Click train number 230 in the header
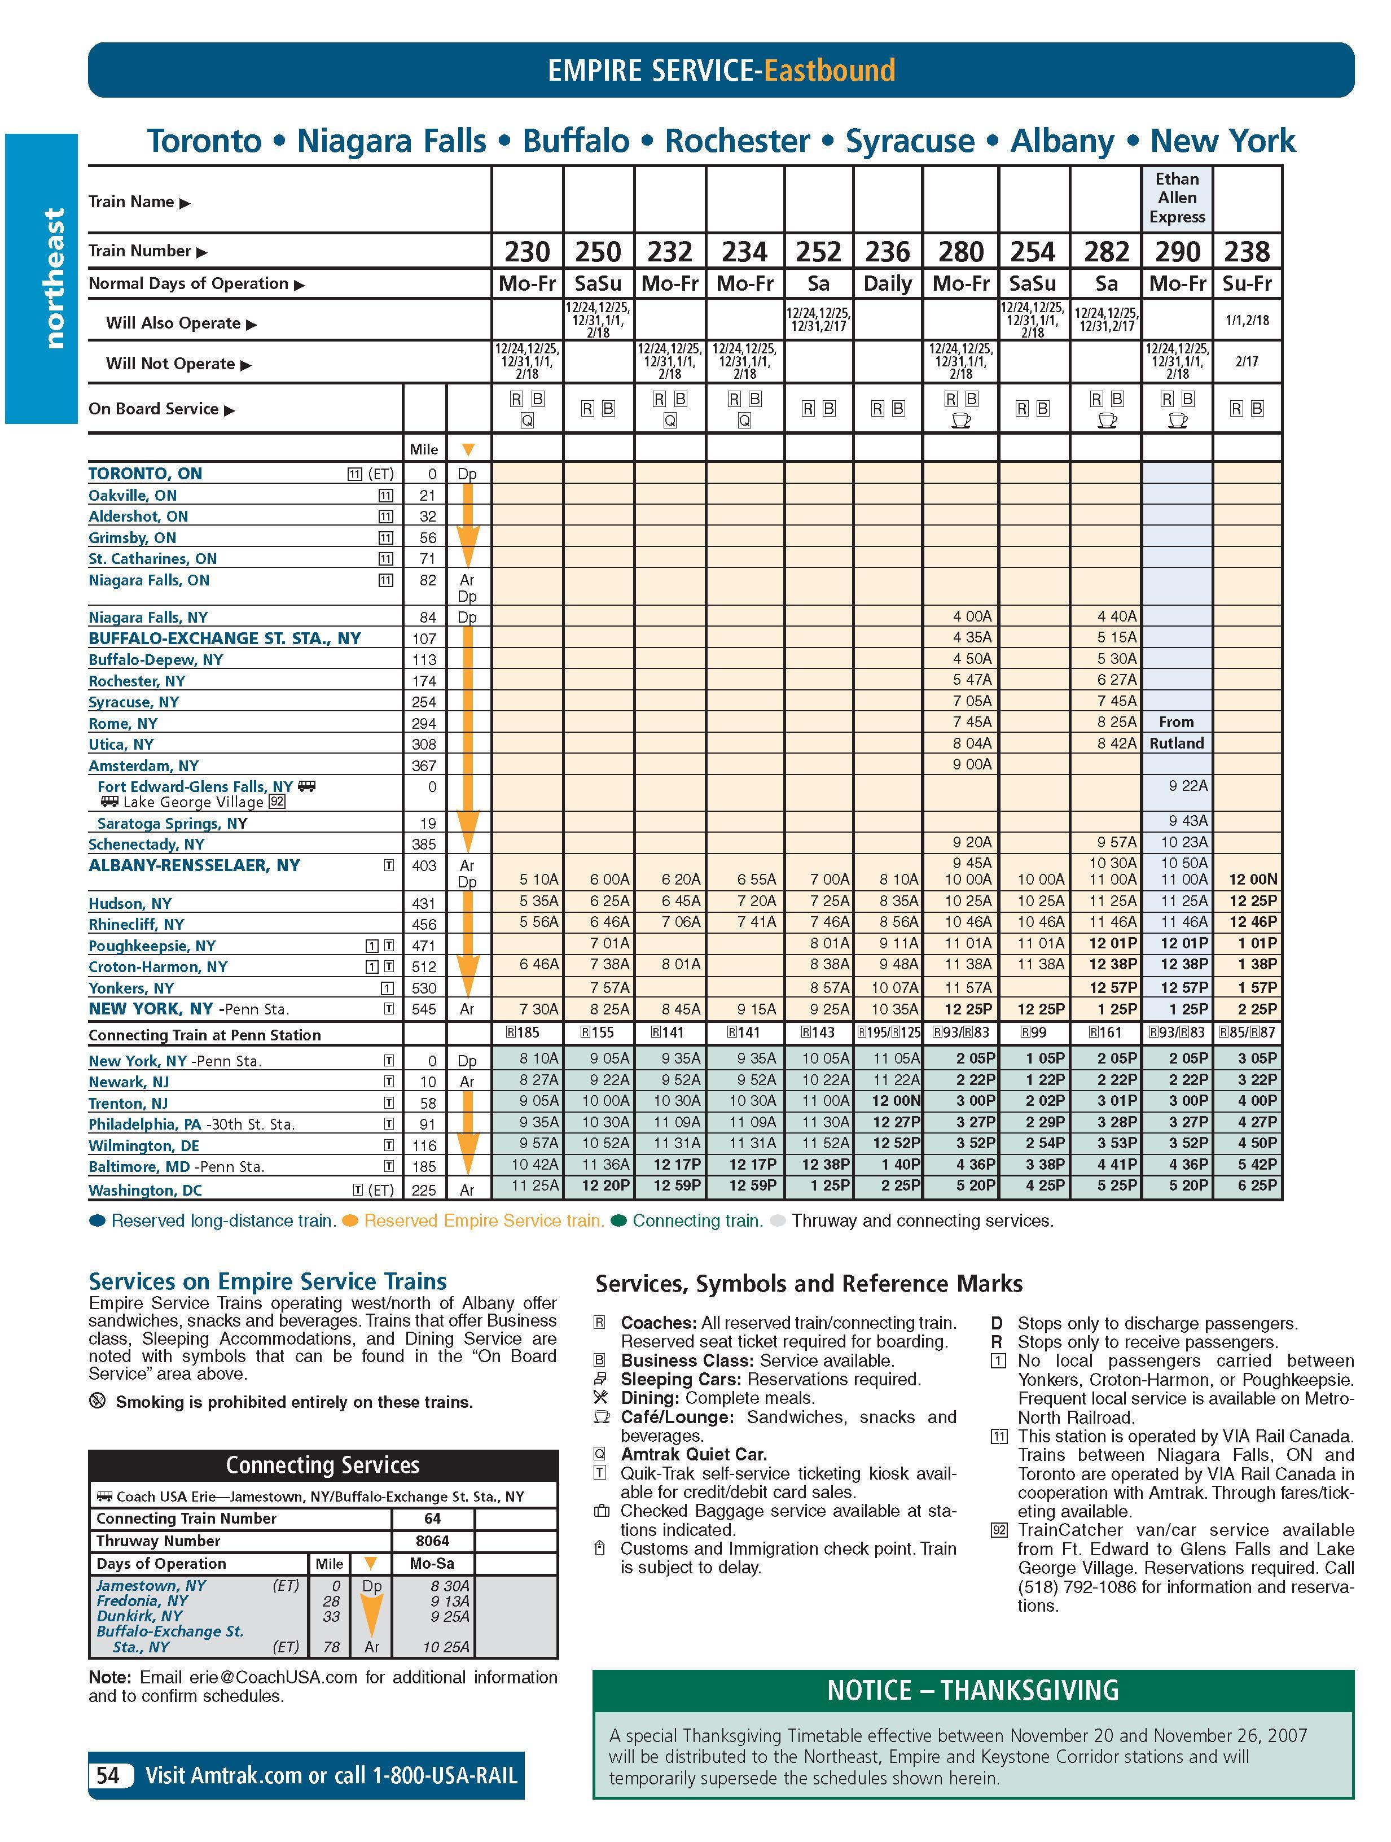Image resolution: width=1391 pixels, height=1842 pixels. (527, 251)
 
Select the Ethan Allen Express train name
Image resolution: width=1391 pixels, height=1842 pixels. (1176, 198)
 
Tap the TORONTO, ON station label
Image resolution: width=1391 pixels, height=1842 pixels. (145, 474)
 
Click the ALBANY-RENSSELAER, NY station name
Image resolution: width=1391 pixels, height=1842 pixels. (194, 865)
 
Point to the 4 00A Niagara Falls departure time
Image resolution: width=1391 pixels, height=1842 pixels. (972, 617)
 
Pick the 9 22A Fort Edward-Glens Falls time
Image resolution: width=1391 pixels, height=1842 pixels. (1189, 785)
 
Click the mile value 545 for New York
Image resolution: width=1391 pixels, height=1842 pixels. (424, 1009)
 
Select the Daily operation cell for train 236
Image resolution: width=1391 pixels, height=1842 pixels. (888, 284)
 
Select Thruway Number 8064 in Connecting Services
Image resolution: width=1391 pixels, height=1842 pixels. (432, 1541)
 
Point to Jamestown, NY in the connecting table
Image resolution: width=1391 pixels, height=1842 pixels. (151, 1586)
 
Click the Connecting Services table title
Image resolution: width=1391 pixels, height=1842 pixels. (322, 1465)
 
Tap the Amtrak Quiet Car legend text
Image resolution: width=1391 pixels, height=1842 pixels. (694, 1454)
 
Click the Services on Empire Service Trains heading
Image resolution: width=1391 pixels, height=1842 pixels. (267, 1281)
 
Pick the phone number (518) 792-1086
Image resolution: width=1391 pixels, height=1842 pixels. (1076, 1587)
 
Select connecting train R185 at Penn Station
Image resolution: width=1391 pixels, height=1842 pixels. (522, 1032)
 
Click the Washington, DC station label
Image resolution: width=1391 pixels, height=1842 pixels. (145, 1190)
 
